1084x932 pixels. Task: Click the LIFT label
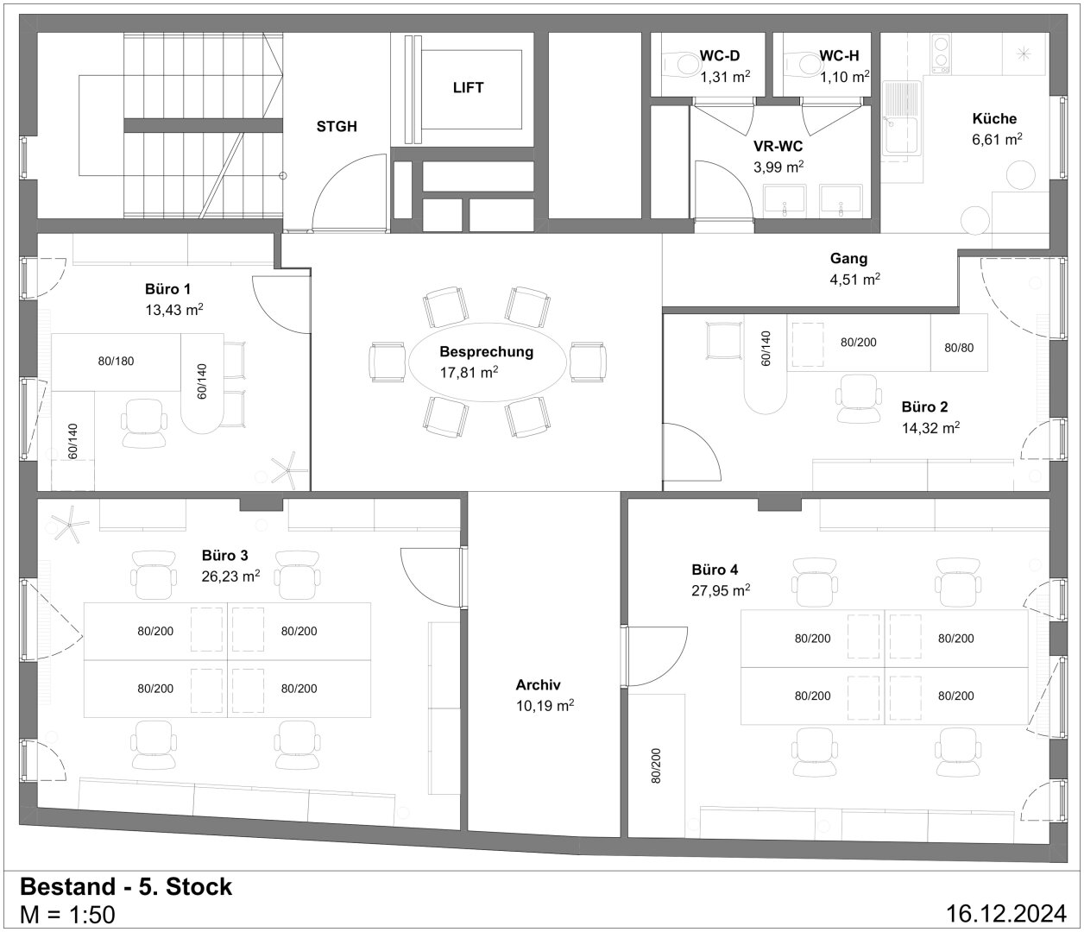click(x=468, y=87)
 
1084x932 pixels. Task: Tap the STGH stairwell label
click(x=337, y=126)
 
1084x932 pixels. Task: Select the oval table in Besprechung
click(x=488, y=362)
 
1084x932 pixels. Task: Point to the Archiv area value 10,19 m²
click(x=545, y=705)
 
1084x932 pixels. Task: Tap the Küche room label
click(x=994, y=119)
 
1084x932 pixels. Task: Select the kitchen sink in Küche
click(x=902, y=118)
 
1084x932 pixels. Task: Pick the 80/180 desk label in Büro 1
click(x=116, y=361)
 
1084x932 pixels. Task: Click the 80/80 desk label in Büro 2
click(x=959, y=348)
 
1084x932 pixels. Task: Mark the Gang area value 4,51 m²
click(x=854, y=279)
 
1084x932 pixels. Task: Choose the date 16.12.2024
click(x=1006, y=913)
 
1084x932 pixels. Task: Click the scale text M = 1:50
click(x=67, y=914)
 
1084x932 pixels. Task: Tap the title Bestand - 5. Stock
click(x=126, y=886)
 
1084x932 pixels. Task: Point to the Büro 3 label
click(x=225, y=556)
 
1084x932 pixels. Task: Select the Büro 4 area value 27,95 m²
click(x=721, y=590)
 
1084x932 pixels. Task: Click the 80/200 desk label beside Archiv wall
click(x=656, y=765)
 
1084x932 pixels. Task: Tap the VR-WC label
click(x=778, y=146)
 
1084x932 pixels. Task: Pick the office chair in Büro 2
click(x=858, y=399)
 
